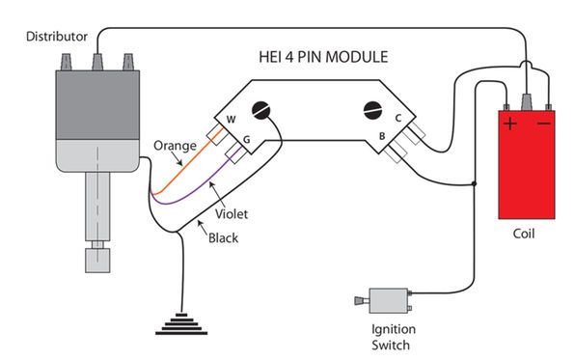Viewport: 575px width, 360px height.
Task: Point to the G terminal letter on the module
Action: point(247,139)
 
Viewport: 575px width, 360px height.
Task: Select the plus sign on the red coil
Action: point(509,125)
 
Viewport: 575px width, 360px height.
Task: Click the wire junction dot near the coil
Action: point(474,182)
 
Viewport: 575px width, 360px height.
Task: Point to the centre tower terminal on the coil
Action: point(527,100)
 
